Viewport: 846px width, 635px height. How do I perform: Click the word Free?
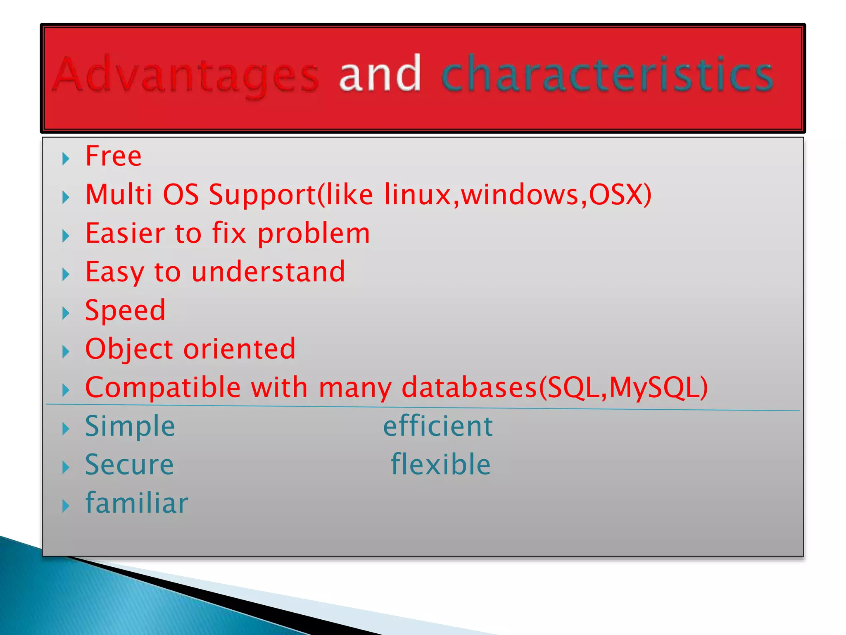click(x=113, y=156)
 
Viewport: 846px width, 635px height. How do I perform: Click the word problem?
click(x=314, y=234)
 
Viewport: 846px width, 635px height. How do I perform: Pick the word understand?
click(x=268, y=272)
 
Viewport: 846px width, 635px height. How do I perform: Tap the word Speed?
click(x=125, y=310)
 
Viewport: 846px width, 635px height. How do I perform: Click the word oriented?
click(x=240, y=349)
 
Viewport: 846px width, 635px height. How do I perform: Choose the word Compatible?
click(x=163, y=387)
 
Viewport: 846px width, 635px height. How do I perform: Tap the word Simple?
click(x=130, y=426)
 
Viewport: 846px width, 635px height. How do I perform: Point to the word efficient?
click(x=438, y=426)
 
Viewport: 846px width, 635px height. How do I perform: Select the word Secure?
click(x=129, y=465)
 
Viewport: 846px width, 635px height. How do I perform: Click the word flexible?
click(x=441, y=464)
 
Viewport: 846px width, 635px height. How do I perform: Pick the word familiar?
click(x=137, y=503)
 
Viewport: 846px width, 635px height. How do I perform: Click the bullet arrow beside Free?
click(x=66, y=158)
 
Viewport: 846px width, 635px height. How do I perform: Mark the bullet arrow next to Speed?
click(x=66, y=313)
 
